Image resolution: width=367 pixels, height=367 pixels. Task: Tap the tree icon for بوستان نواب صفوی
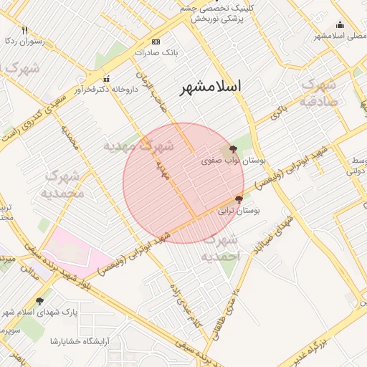(234, 150)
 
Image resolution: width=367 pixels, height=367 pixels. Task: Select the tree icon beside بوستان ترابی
(239, 199)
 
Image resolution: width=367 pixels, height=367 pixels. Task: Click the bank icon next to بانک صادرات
(157, 42)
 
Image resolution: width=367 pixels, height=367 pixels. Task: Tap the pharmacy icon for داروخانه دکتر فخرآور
(107, 79)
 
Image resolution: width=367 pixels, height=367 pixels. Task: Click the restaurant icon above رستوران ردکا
(24, 30)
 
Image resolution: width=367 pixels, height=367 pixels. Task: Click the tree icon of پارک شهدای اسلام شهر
(39, 302)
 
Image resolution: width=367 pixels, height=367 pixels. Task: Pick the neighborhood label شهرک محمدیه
(65, 184)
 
